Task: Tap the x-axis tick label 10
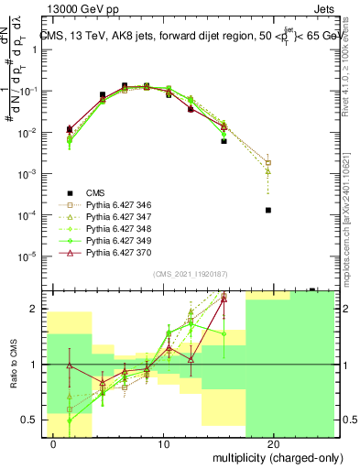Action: point(163,443)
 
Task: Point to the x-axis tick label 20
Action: point(273,443)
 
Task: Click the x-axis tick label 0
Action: point(53,443)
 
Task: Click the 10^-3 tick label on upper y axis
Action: point(30,173)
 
